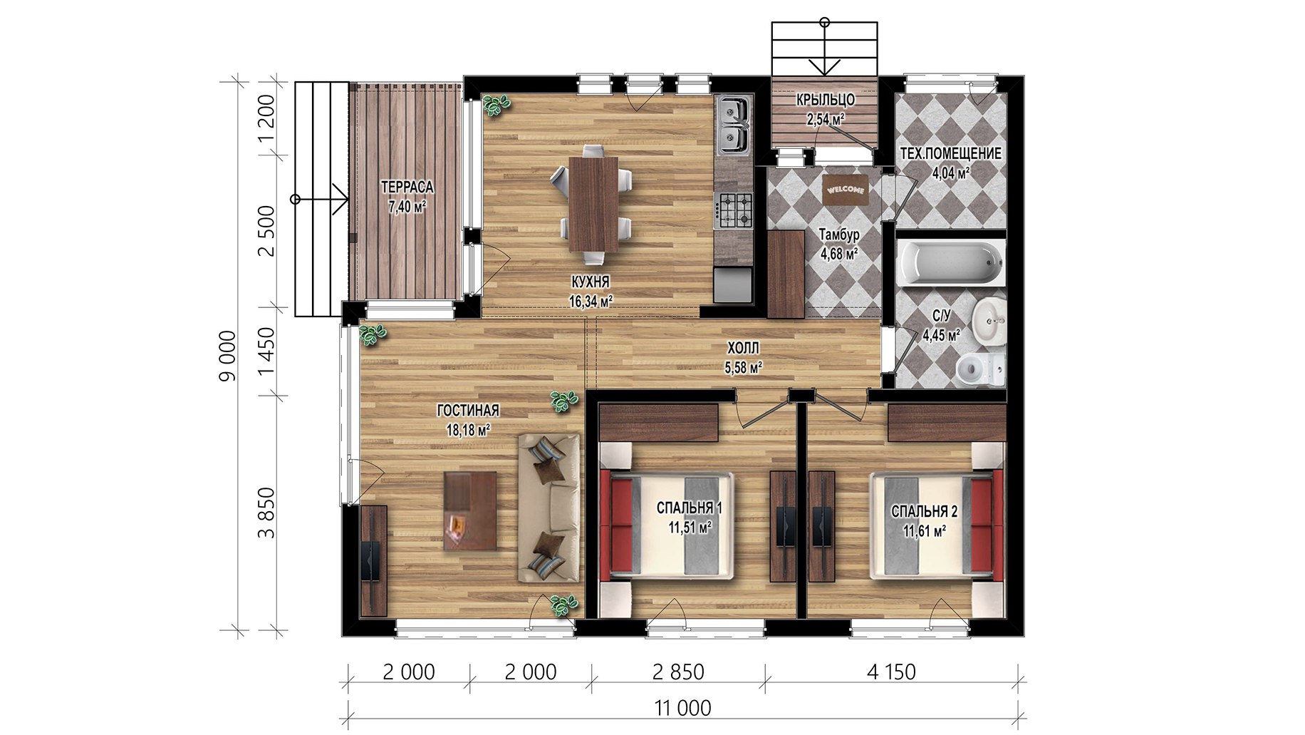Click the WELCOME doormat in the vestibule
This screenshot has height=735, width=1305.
click(x=846, y=190)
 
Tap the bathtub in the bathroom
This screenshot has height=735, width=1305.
click(x=951, y=262)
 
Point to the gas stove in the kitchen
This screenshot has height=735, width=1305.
click(x=733, y=210)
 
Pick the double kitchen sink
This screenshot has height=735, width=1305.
click(x=734, y=126)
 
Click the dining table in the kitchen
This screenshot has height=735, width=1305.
click(x=593, y=204)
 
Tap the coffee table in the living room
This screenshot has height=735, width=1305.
click(x=470, y=510)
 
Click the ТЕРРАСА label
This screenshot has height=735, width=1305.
click(x=407, y=187)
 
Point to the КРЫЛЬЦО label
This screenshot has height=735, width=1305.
click(x=826, y=100)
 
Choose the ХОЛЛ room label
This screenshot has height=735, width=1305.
click(x=743, y=349)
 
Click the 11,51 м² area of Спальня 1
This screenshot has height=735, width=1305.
click(x=690, y=528)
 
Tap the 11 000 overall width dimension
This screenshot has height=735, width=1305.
click(x=682, y=708)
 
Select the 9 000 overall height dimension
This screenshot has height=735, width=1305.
click(x=227, y=356)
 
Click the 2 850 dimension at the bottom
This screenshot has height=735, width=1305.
click(x=678, y=672)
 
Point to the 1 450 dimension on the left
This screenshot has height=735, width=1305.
click(x=266, y=351)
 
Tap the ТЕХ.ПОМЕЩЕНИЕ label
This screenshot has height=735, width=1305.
click(x=950, y=153)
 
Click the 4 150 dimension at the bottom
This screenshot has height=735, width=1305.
click(x=891, y=672)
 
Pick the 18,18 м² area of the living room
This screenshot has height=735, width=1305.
click(x=468, y=431)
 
